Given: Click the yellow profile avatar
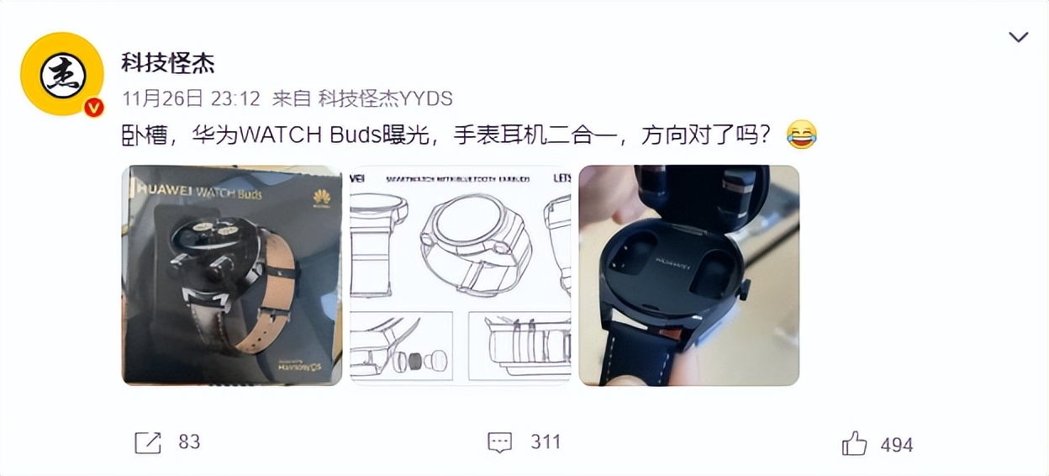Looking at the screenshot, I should point(62,73).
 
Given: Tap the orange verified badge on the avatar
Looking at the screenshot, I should point(93,107).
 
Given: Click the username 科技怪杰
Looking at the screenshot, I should point(168,62).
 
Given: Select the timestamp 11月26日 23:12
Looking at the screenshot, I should point(190,98).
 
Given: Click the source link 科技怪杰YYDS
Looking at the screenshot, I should point(385,98).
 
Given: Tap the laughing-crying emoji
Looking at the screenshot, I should point(801,135).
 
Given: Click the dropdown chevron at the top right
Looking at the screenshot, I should point(1018,37).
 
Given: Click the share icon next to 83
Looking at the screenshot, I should point(148,442).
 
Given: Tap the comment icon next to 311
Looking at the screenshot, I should point(500,442).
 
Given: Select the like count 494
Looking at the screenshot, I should point(896,445).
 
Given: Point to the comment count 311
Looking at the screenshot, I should point(546,442).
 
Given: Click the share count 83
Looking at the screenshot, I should point(189,442).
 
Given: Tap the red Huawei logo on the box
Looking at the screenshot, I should point(321,198).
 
